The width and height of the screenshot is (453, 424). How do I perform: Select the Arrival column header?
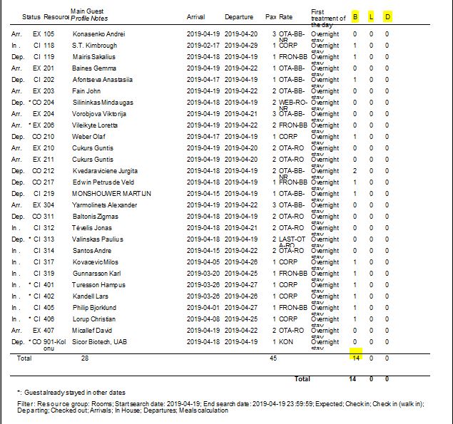click(x=196, y=16)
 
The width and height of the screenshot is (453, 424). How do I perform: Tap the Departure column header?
click(x=238, y=16)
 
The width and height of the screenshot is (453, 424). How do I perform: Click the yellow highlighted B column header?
click(x=355, y=16)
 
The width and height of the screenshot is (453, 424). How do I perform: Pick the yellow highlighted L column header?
click(x=371, y=16)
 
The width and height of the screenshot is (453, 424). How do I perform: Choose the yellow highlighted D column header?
click(x=387, y=16)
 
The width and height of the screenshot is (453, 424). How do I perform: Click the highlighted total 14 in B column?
click(x=355, y=358)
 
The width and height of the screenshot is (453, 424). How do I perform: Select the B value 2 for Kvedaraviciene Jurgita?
click(x=355, y=171)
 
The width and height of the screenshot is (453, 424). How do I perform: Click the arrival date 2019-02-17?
click(x=203, y=46)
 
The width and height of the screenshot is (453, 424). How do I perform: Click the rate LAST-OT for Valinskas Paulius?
click(x=292, y=239)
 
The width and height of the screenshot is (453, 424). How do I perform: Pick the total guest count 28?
click(x=84, y=358)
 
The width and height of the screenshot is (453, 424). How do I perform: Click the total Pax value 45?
click(x=273, y=358)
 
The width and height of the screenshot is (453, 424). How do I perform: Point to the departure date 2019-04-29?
click(x=241, y=46)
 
